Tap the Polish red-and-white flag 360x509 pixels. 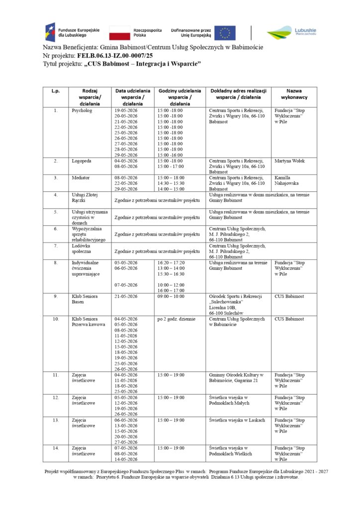pos(119,33)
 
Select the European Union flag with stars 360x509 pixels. pos(225,33)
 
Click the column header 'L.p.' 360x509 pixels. pos(55,91)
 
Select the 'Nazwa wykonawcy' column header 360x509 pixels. pos(293,94)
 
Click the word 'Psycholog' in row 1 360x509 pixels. pos(82,110)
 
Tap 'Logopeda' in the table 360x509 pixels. pos(82,161)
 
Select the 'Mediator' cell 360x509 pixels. pos(81,177)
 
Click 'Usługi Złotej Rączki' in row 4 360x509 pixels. pos(83,198)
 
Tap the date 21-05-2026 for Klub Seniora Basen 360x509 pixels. pos(126,296)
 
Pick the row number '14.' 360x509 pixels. pos(56,448)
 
